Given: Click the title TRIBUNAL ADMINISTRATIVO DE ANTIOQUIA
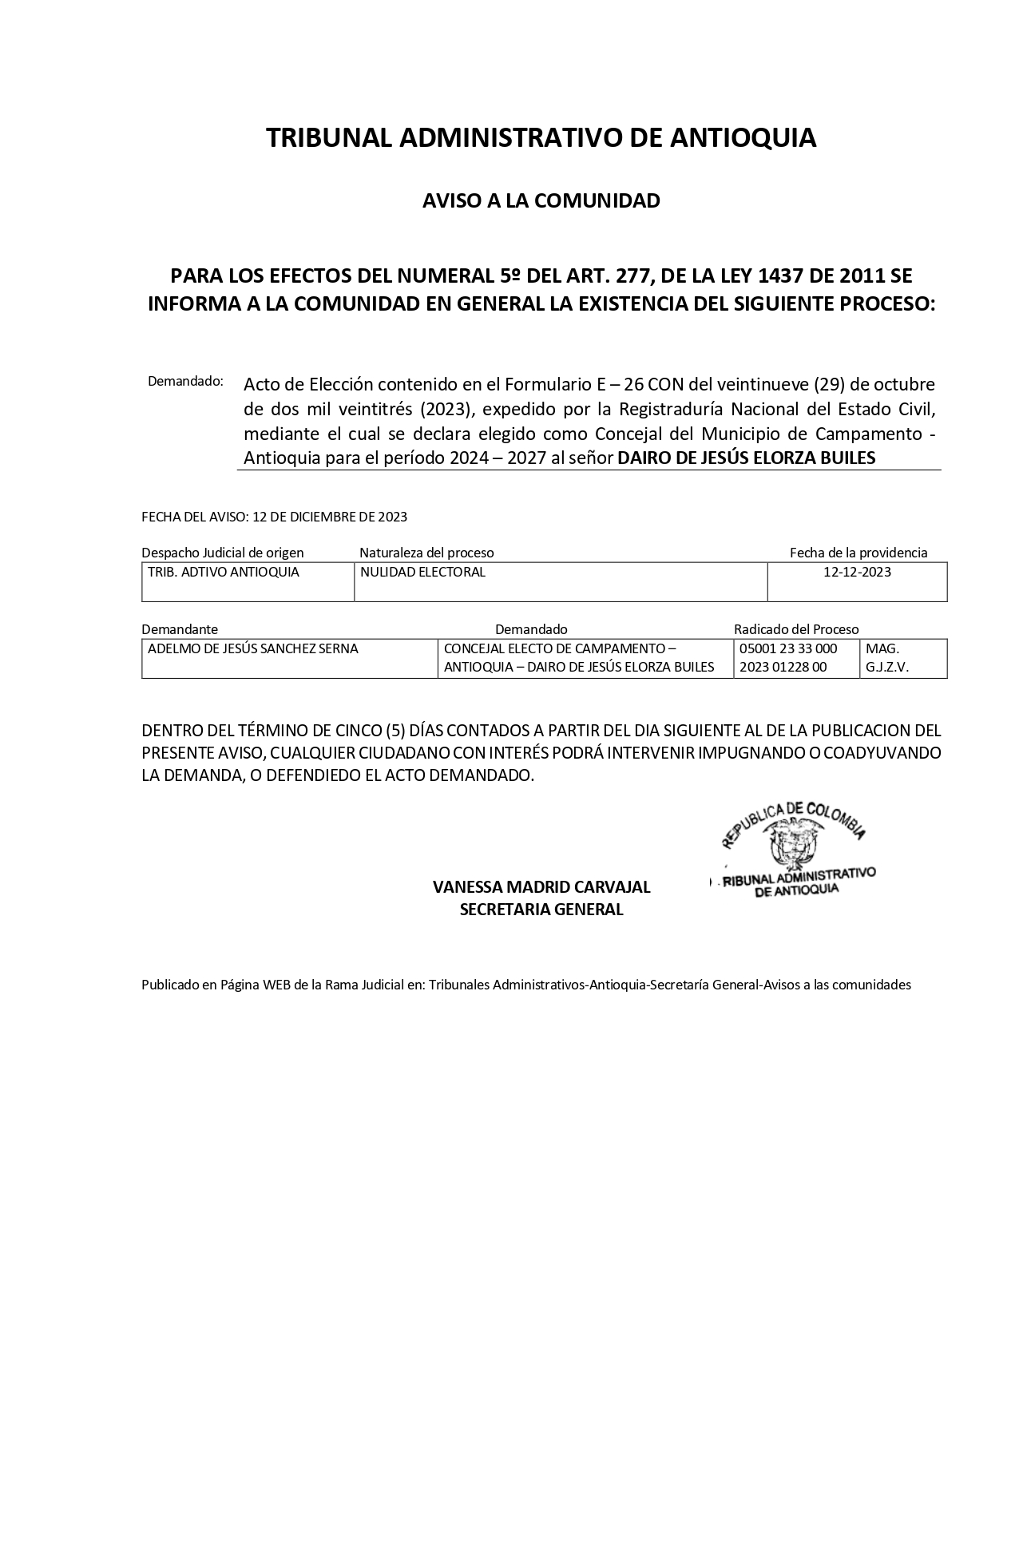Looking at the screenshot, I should [541, 138].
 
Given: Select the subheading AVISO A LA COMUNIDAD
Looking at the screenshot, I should [541, 200].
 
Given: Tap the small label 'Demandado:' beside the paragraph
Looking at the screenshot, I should [185, 381].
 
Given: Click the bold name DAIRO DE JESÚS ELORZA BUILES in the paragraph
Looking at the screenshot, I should [747, 458].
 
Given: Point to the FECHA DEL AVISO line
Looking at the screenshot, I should [274, 517].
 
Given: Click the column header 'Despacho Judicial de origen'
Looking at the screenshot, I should [222, 553].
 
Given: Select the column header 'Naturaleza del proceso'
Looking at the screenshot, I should [426, 553].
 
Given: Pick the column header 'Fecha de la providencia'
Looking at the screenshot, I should [858, 553].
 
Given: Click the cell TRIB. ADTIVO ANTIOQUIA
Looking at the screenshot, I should [224, 573].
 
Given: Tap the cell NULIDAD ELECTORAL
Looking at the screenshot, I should [423, 573].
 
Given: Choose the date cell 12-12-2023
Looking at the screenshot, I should [857, 573].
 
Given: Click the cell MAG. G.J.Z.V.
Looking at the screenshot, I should [886, 658].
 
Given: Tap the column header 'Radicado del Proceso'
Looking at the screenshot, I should [796, 629].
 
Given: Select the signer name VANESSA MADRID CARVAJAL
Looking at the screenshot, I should [541, 887].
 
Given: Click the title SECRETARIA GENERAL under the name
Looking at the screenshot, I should [541, 910].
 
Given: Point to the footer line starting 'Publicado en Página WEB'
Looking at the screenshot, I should [525, 985].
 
